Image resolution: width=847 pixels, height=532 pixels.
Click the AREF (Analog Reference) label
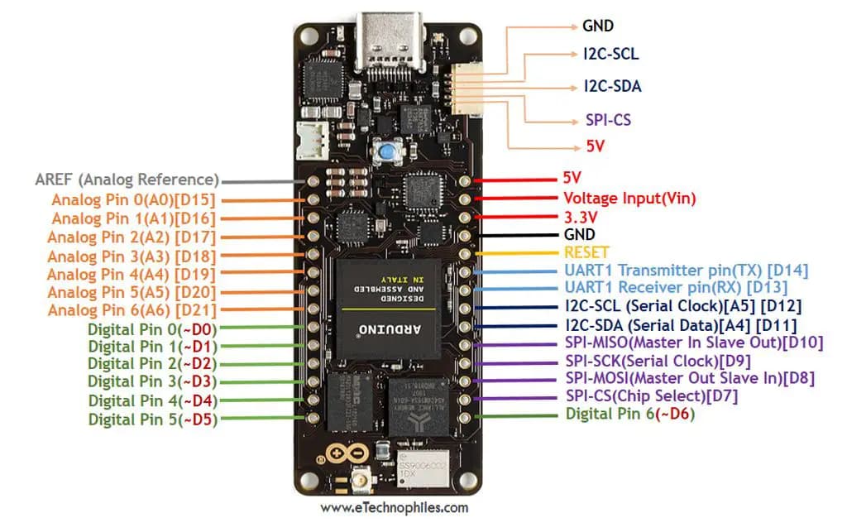[127, 180]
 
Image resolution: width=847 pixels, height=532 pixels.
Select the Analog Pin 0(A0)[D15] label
[133, 200]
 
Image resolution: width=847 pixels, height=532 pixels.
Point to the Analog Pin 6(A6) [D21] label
[132, 310]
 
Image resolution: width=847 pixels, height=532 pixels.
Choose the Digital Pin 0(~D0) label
[152, 328]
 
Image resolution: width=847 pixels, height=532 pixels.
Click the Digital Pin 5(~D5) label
[153, 419]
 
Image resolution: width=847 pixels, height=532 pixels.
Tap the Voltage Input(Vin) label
[629, 199]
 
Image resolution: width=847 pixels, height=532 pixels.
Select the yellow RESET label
[586, 252]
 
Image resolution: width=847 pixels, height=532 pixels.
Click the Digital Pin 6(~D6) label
[629, 415]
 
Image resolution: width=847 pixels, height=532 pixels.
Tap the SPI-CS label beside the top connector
[602, 120]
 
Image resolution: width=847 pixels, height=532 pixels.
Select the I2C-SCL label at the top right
[610, 55]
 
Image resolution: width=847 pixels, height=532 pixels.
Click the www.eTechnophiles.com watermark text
[394, 508]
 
